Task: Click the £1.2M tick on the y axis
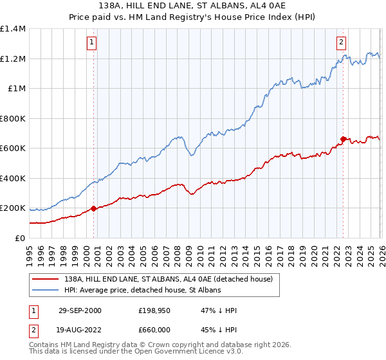point(13,59)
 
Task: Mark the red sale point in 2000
point(94,208)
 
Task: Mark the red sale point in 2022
point(343,139)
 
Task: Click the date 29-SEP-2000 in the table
point(80,310)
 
